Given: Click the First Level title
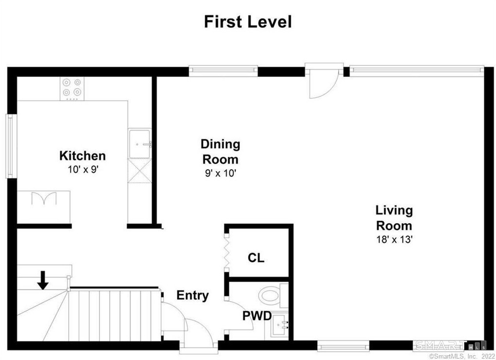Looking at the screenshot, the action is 248,22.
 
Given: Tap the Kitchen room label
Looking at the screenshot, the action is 82,155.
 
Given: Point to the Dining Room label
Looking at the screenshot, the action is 221,152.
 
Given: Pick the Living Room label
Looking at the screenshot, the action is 394,218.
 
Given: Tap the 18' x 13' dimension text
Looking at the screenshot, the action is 394,240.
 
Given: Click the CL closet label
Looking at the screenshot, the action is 256,258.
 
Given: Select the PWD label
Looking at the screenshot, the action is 257,316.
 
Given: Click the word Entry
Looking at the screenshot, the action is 192,295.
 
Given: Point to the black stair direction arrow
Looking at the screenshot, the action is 43,280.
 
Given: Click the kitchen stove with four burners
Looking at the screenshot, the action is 72,89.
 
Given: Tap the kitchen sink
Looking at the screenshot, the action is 139,143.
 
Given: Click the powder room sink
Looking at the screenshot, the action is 279,324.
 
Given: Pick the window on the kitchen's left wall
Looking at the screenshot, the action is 11,146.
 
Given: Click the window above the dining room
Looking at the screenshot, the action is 223,71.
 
